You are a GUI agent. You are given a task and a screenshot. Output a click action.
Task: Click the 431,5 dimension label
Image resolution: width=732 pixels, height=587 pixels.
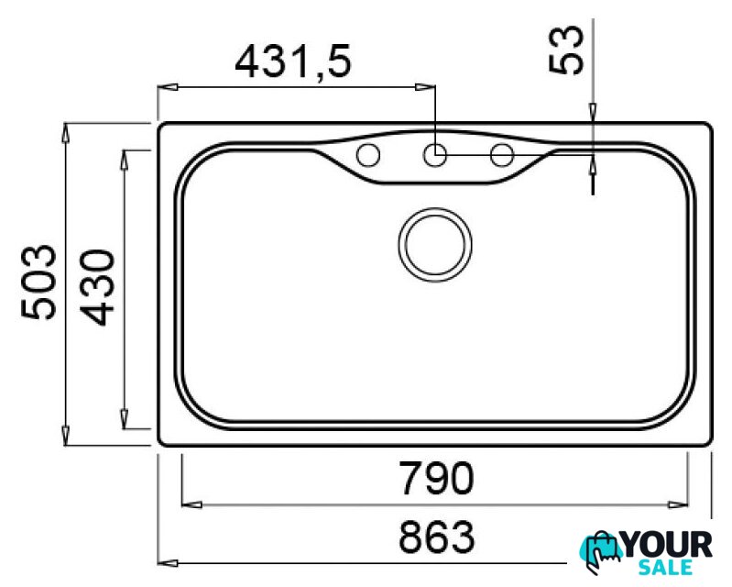[292, 62]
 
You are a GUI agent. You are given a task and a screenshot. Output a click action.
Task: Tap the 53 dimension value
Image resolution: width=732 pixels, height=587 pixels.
[566, 50]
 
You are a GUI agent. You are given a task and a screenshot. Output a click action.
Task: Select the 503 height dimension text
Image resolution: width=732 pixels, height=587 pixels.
[38, 282]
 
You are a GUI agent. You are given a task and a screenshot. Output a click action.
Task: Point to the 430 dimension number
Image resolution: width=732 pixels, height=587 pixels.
[96, 287]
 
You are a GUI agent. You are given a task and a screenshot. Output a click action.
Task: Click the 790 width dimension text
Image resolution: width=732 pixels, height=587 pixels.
[437, 478]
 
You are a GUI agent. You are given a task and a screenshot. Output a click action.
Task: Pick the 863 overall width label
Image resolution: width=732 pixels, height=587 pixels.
[437, 537]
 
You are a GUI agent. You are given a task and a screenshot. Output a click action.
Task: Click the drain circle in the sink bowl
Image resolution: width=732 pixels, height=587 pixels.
[435, 245]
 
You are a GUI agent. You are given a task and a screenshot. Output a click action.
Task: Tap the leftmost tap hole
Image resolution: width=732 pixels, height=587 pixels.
[368, 155]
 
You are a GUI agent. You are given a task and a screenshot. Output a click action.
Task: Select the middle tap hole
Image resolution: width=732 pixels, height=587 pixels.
[435, 155]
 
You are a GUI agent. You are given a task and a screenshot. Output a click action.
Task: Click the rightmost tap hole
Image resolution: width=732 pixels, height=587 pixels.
[502, 155]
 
